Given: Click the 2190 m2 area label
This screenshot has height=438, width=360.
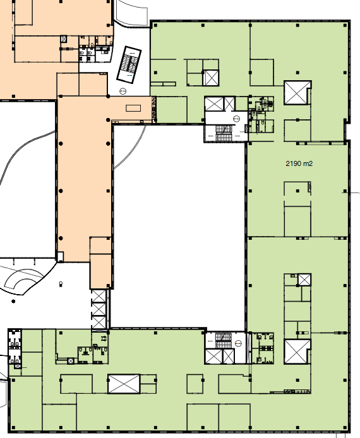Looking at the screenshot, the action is click(299, 163).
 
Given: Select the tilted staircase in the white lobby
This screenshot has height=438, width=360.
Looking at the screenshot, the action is click(129, 65).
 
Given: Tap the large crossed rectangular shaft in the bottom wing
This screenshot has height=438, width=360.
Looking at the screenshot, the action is click(124, 384).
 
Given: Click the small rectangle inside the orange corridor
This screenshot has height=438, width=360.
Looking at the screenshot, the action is click(133, 108).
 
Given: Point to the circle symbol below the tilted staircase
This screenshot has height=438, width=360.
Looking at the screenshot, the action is click(123, 91).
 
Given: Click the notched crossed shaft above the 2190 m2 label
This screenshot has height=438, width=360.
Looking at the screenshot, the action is click(297, 93).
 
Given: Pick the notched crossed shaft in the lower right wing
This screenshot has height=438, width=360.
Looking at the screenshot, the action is click(297, 352).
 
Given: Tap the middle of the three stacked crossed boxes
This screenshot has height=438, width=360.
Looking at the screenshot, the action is click(99, 309).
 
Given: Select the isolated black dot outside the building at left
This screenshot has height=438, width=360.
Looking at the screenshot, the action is click(13, 301).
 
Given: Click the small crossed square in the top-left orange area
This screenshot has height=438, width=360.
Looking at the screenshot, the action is click(64, 39).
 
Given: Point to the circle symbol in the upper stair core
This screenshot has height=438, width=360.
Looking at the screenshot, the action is click(237, 119).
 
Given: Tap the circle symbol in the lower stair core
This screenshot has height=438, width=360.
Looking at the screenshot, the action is click(238, 343).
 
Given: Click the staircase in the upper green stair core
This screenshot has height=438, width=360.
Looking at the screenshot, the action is click(224, 133).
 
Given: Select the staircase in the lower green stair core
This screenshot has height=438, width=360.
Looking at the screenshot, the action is click(224, 340).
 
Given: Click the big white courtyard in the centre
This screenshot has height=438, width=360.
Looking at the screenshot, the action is click(179, 227).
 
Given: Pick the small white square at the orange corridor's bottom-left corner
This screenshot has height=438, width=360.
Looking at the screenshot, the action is click(60, 256).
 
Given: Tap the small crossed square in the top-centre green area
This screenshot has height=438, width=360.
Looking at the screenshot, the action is click(212, 78).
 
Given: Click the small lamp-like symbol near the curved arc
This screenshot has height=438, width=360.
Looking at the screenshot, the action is click(61, 284).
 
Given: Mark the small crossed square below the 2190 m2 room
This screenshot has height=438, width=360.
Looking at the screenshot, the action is click(304, 280).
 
